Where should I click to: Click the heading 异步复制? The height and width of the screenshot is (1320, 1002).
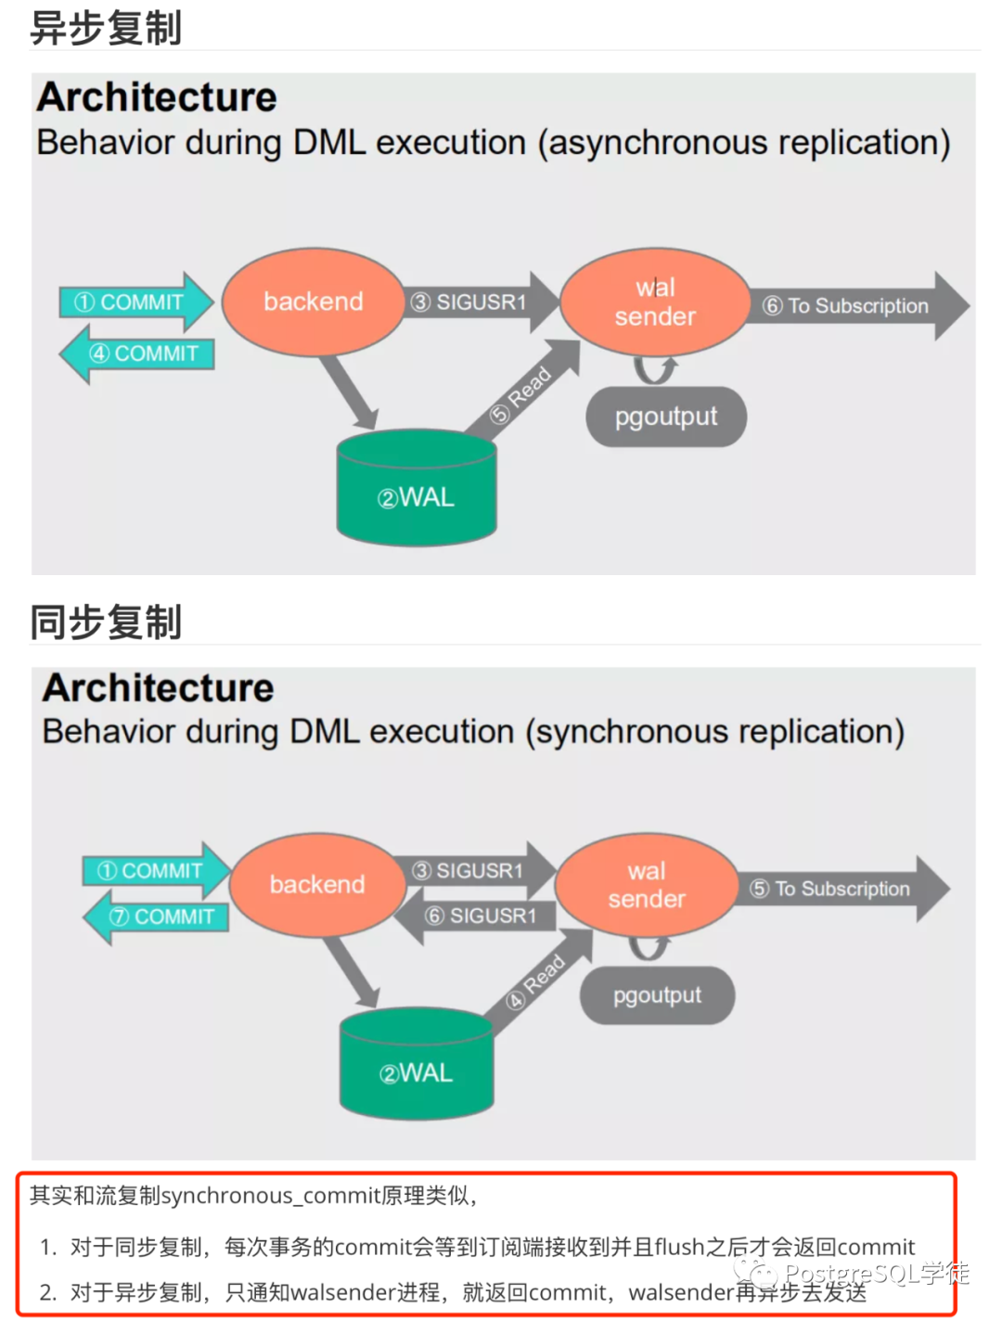coord(105,28)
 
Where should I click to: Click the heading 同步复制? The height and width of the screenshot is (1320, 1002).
coord(105,622)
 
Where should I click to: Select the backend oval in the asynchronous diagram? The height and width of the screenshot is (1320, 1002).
coord(314,301)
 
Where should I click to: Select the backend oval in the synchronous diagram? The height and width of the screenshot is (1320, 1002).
coord(317,885)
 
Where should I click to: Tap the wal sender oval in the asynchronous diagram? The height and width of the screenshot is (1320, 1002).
coord(655,301)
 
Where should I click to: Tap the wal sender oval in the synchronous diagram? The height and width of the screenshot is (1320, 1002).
coord(647,885)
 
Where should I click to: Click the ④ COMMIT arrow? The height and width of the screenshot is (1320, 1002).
coord(137,353)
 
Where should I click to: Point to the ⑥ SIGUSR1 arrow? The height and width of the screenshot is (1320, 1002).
coord(475,916)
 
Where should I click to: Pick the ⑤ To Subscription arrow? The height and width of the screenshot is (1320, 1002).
coord(842,889)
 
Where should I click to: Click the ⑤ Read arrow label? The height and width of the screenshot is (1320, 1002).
coord(520,395)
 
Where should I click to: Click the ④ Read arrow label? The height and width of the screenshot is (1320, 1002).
coord(535,980)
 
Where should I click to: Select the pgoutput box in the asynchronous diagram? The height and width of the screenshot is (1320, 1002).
coord(666,417)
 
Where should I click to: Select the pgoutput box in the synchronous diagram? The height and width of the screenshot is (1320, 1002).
coord(657,995)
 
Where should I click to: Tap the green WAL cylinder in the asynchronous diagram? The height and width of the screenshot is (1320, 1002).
coord(417,487)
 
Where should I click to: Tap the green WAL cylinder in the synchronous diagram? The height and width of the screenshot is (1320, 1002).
coord(417,1063)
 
